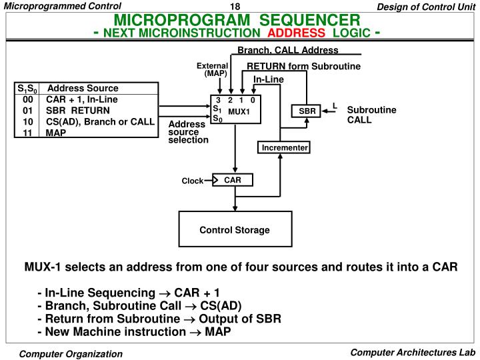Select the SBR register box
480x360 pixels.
point(307,111)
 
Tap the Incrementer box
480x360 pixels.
point(284,147)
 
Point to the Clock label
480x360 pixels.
point(193,181)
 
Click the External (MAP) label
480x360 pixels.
point(213,69)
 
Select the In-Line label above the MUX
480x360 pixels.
point(269,80)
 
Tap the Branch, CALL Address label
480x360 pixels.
point(288,50)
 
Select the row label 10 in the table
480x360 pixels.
point(28,121)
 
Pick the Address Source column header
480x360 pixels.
point(83,88)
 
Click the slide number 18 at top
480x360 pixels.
point(235,7)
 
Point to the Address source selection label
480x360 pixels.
point(188,132)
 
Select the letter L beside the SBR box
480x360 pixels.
point(335,105)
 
